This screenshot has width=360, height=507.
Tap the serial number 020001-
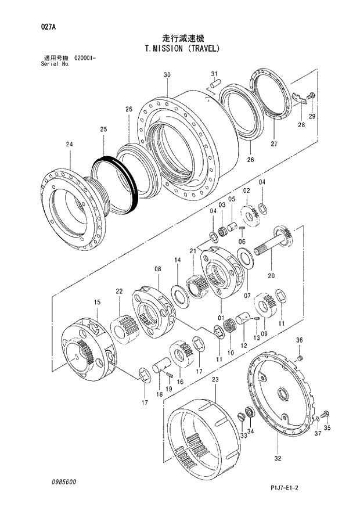click(85, 59)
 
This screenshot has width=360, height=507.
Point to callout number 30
click(167, 75)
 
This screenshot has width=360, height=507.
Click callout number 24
click(69, 144)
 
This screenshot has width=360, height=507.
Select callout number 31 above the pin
click(214, 73)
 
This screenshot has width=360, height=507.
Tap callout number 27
click(274, 143)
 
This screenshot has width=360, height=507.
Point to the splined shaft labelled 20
click(276, 240)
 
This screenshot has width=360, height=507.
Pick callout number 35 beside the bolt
click(327, 429)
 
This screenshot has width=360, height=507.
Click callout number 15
click(97, 302)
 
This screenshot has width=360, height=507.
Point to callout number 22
click(119, 291)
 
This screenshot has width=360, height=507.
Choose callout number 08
click(157, 269)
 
